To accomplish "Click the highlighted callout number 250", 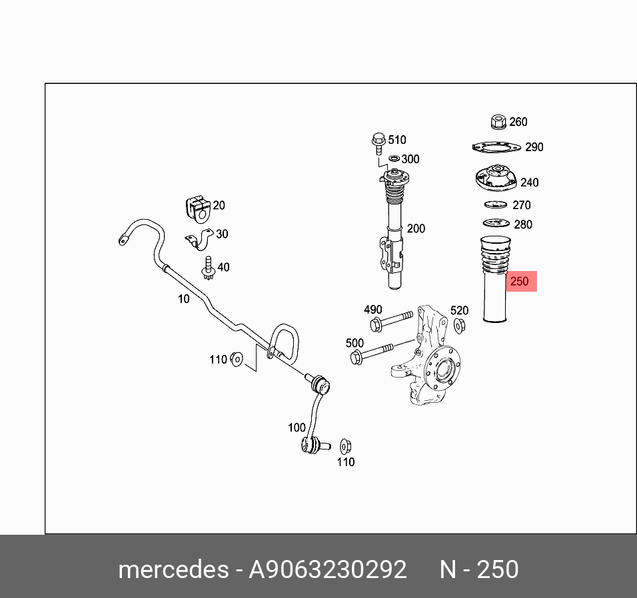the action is [x=519, y=282].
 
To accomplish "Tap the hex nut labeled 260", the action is [x=496, y=122].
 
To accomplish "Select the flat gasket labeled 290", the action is [x=496, y=147].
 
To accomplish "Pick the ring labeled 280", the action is [x=495, y=224].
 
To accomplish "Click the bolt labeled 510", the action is [x=378, y=142].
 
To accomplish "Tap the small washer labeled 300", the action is [x=393, y=158].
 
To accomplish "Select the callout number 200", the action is [x=416, y=228].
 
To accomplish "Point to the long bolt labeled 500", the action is [x=373, y=354].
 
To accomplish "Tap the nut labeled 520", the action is [x=459, y=325].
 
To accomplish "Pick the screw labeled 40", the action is [x=207, y=268].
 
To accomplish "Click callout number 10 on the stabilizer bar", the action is [x=183, y=299].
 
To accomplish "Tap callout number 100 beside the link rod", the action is [x=297, y=428].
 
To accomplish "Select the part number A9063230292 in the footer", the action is [x=327, y=569].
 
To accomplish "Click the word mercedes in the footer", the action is [x=172, y=569].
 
